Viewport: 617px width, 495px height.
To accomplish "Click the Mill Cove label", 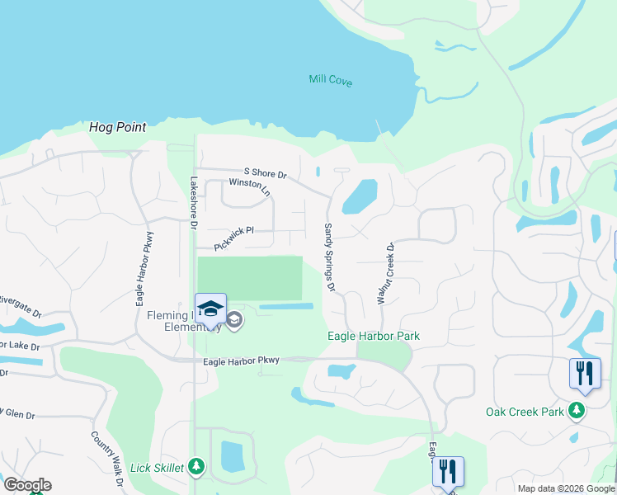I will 330,80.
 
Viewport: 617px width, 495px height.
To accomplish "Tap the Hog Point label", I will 118,128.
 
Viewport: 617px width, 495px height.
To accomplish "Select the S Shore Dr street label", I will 265,174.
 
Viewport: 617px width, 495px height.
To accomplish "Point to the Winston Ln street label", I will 249,186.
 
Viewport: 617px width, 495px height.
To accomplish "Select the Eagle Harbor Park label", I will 373,336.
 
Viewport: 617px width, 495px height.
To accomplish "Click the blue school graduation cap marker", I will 210,308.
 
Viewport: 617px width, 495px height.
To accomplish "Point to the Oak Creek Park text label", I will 525,412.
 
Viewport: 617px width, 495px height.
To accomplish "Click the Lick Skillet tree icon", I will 196,468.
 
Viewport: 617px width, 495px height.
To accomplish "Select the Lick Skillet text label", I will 157,468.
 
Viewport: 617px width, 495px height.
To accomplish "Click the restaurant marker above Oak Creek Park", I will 585,372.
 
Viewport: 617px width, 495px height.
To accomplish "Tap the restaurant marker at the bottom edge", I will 448,472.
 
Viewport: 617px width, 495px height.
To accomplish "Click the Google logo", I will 27,485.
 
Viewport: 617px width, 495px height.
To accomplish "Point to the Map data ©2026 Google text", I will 565,488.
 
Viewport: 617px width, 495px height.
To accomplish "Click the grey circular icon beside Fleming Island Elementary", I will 234,320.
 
